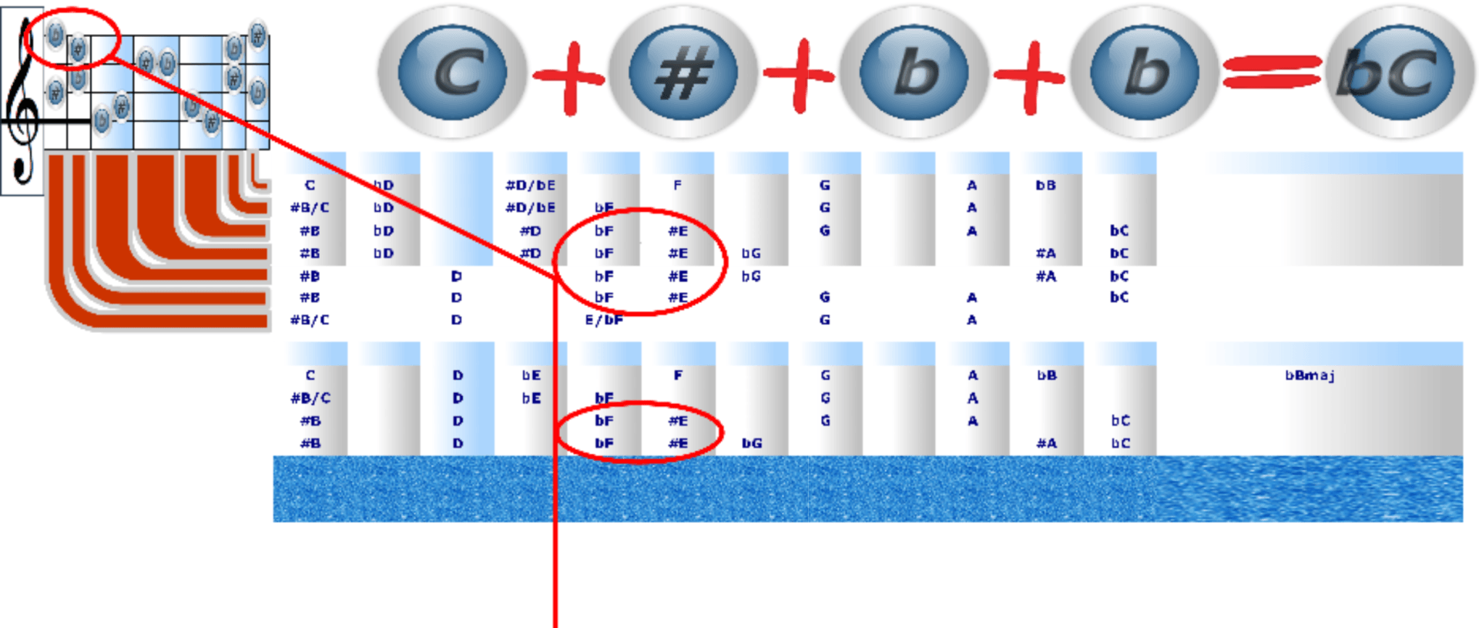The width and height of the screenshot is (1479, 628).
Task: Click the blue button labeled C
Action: pyautogui.click(x=452, y=72)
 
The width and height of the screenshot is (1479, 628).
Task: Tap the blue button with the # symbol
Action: pyautogui.click(x=682, y=72)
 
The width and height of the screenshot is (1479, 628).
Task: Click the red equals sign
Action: pyautogui.click(x=1271, y=72)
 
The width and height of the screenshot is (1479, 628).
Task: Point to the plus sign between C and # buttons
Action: pyautogui.click(x=568, y=76)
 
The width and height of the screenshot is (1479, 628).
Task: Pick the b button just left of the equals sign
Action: pyautogui.click(x=1144, y=72)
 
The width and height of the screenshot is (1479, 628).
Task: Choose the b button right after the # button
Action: pyautogui.click(x=914, y=72)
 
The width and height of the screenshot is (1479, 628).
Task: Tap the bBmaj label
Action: pyautogui.click(x=1310, y=375)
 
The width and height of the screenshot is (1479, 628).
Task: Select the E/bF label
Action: pyautogui.click(x=604, y=320)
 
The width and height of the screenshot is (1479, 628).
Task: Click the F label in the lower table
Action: pyautogui.click(x=678, y=375)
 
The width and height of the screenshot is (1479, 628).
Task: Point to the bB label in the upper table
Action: pyautogui.click(x=1045, y=185)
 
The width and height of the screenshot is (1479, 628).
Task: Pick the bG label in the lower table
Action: pyautogui.click(x=752, y=443)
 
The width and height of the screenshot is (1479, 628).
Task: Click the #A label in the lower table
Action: pyautogui.click(x=1046, y=443)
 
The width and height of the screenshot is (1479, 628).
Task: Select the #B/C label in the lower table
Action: pyautogui.click(x=310, y=398)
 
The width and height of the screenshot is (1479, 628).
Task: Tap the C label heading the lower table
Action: pyautogui.click(x=310, y=375)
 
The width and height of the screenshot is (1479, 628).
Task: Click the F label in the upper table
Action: pyautogui.click(x=677, y=185)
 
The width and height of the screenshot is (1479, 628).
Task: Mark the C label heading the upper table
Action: pyautogui.click(x=310, y=185)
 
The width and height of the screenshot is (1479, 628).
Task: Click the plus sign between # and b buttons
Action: pyautogui.click(x=799, y=76)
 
